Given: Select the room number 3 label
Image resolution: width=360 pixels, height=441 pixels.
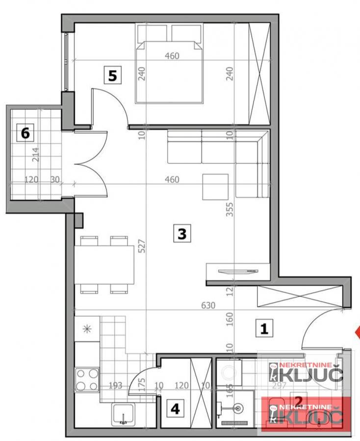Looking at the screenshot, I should point(182,234).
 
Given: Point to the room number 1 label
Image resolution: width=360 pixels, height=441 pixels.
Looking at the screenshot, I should point(265,328).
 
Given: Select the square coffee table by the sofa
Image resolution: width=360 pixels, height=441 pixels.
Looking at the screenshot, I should point(215,187).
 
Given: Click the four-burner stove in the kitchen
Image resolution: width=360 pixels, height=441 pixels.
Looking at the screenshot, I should point(87,379).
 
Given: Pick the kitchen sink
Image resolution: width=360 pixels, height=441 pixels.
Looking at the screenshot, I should point(123,415).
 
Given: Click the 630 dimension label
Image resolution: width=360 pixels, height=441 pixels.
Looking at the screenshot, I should point(208,306).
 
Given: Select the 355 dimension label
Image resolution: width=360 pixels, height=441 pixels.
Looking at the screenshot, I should point(230,210).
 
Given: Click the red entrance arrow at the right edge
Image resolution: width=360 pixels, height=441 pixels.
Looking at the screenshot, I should point(358,332).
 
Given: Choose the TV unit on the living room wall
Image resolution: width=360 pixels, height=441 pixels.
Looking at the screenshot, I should point(238,270).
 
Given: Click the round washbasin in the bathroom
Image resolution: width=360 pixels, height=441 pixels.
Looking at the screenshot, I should point(239,407).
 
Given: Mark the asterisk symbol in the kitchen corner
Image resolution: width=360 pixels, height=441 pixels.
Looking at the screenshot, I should point(87,328).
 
